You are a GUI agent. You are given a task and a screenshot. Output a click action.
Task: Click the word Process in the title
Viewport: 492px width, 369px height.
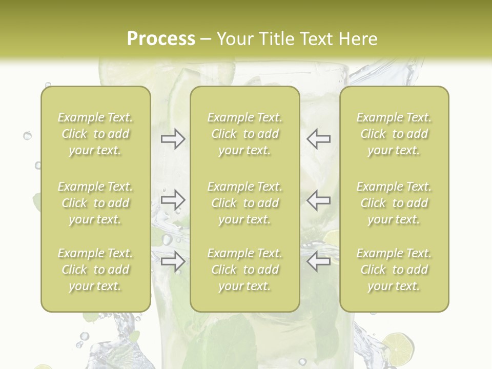point(161,39)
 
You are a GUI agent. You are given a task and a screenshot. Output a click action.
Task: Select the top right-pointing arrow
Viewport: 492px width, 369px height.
point(173,139)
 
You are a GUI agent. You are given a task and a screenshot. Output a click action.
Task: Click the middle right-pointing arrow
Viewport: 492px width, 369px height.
point(173,200)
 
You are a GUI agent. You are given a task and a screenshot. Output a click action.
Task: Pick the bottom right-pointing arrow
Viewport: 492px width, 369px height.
point(173,261)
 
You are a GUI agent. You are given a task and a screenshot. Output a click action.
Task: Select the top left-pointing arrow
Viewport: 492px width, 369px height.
point(318,139)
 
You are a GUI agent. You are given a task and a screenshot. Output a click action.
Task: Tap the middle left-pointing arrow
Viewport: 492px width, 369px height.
point(318,200)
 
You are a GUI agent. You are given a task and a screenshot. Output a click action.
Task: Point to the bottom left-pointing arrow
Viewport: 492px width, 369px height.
point(318,261)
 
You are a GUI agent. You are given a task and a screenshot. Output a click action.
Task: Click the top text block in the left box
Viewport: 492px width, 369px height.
point(95,134)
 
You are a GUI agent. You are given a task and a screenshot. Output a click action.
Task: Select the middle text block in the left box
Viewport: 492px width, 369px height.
point(95,203)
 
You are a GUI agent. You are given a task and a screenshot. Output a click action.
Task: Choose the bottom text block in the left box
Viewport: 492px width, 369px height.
point(95,270)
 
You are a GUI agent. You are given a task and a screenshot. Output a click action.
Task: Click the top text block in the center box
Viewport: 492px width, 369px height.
point(244,134)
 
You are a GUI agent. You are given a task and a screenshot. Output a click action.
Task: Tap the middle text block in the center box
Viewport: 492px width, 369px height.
point(244,203)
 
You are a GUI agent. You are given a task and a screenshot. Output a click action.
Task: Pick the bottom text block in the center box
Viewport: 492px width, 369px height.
point(244,270)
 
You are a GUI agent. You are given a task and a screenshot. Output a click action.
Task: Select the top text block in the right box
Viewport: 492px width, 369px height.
point(394,134)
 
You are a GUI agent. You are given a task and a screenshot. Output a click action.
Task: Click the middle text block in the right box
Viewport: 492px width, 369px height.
point(394,203)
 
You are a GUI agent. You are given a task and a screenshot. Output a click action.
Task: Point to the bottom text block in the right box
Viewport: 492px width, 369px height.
point(394,270)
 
